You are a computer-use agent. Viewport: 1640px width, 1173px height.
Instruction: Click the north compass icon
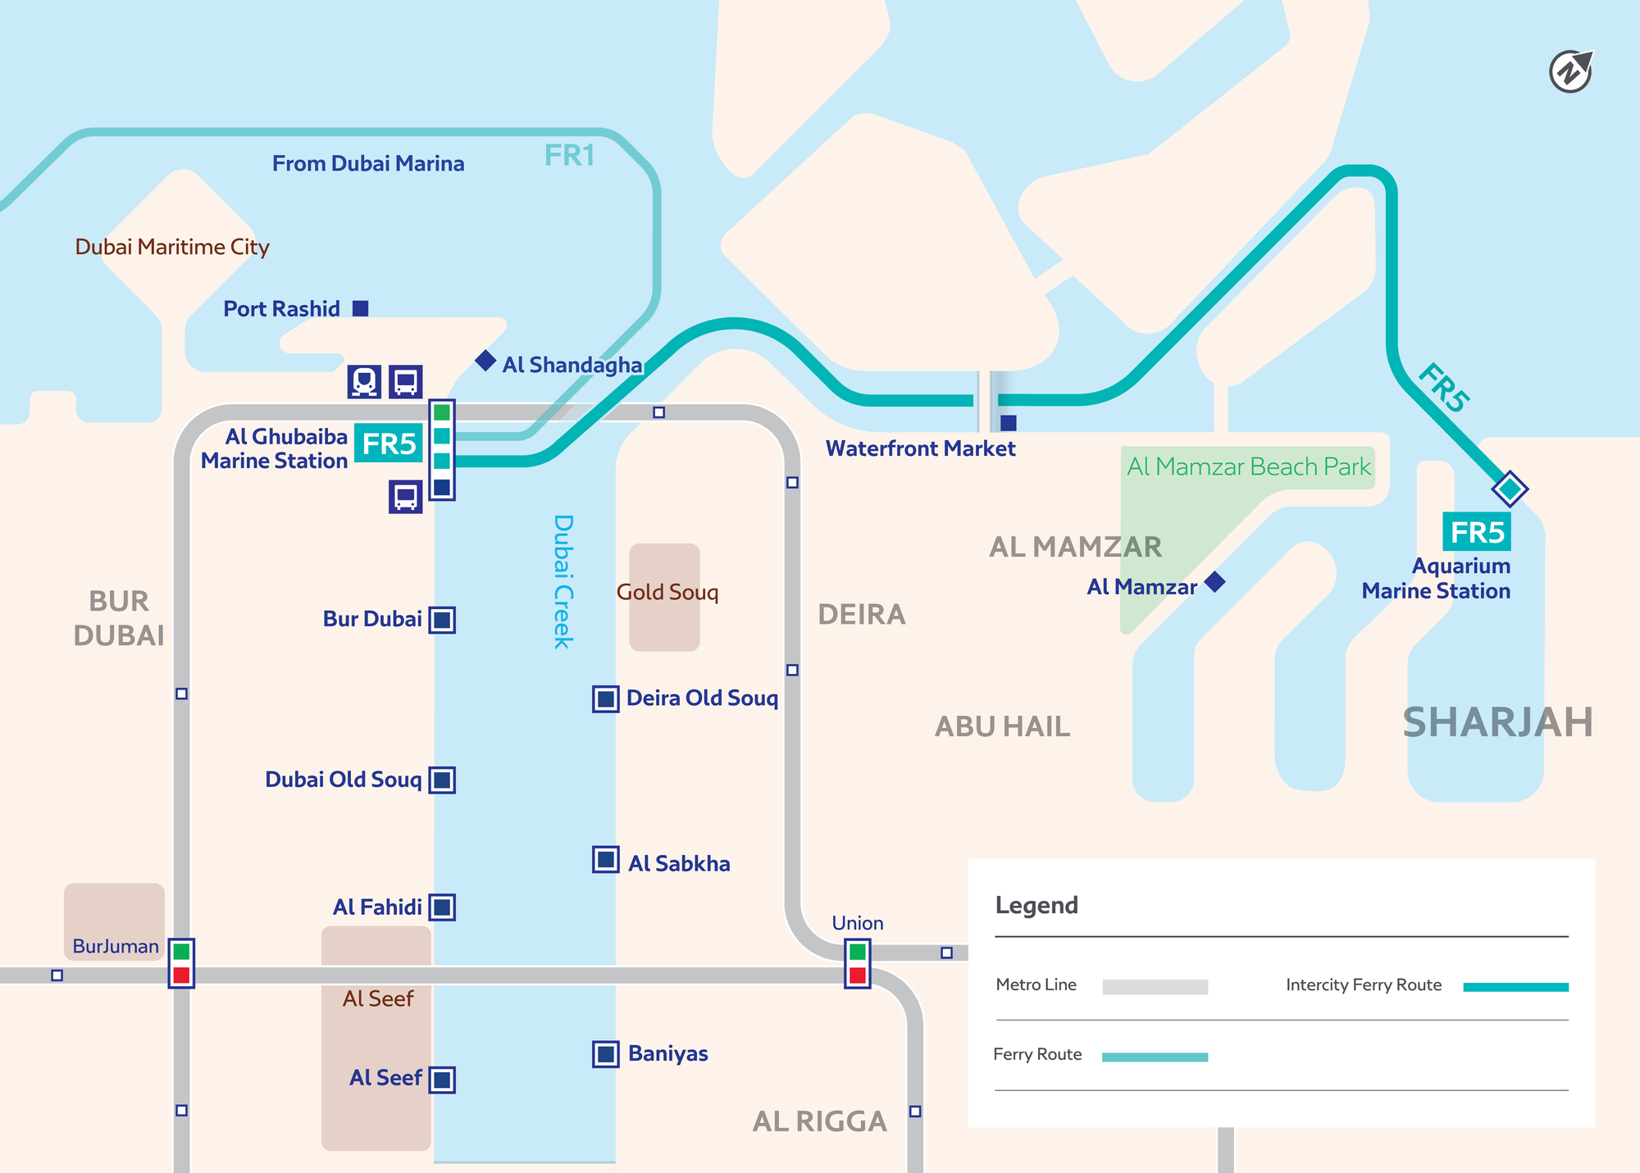[x=1570, y=72]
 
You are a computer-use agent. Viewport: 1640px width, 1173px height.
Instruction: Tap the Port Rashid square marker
[x=360, y=308]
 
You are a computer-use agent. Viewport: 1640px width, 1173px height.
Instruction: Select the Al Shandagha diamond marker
[x=485, y=360]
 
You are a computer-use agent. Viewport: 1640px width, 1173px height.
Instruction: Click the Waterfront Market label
[x=920, y=448]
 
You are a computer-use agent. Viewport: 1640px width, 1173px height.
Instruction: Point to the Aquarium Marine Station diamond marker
[x=1510, y=489]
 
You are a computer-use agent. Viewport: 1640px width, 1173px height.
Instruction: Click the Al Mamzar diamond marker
[x=1214, y=582]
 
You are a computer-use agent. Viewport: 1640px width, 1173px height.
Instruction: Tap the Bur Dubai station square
[x=442, y=620]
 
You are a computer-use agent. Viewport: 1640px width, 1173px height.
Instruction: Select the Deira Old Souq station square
[x=606, y=699]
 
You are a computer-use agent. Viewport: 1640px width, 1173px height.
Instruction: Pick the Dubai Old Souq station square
[x=442, y=780]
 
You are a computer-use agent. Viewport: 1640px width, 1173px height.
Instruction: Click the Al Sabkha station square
[x=606, y=860]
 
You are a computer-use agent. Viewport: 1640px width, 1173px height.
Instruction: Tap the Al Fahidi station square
[x=442, y=907]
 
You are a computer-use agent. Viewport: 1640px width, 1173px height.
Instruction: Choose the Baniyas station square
[x=606, y=1054]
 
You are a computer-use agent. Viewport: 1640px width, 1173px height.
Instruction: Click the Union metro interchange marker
[x=858, y=964]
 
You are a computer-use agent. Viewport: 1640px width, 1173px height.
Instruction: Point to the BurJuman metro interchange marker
[x=181, y=963]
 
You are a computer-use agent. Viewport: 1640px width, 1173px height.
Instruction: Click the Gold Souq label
[x=667, y=592]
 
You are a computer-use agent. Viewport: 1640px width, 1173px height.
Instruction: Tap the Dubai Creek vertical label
[x=563, y=582]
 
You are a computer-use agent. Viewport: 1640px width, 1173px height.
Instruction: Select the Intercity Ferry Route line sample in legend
[x=1515, y=987]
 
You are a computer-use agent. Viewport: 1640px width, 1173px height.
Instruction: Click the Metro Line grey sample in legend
[x=1155, y=987]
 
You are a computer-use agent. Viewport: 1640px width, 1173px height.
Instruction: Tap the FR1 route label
[x=569, y=156]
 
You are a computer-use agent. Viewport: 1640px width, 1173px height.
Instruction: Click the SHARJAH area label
[x=1497, y=722]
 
